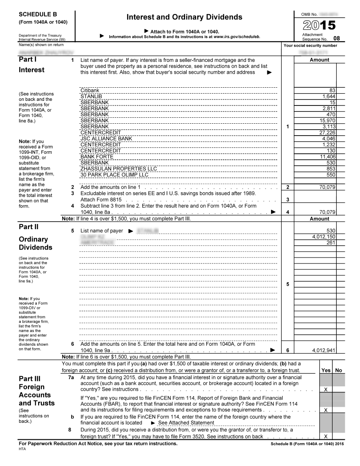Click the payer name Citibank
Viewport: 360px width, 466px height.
tap(90, 91)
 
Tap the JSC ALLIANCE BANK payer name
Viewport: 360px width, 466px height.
tap(106, 139)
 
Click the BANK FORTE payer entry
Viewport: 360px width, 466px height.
tap(97, 157)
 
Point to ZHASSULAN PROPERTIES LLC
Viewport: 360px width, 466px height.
tap(118, 169)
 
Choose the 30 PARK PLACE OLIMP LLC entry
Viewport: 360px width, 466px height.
tap(114, 175)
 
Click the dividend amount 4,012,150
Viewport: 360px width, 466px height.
tap(324, 237)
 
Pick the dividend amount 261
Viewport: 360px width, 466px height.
tap(331, 243)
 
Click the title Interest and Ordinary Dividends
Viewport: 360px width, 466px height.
tap(184, 17)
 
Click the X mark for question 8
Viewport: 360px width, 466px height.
tap(325, 436)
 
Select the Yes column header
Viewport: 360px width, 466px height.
tap(326, 370)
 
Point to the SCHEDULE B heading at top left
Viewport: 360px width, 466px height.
tap(38, 14)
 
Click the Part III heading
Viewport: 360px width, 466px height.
tap(30, 378)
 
